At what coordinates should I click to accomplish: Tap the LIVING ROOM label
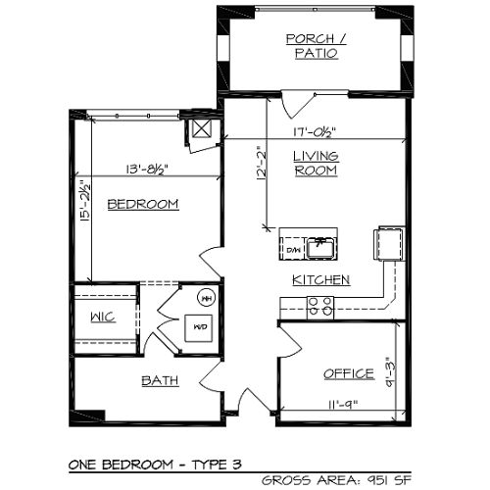(316, 163)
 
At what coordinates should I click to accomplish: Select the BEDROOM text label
(143, 204)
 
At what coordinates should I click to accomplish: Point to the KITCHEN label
(320, 280)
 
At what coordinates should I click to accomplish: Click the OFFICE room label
(349, 373)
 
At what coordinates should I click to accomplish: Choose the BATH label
(160, 380)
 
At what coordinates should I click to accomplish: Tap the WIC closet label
(104, 317)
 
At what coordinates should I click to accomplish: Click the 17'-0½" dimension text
(316, 134)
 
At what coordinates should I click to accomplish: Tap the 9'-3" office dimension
(391, 373)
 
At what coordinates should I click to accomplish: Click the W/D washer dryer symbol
(200, 326)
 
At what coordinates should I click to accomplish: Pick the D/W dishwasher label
(292, 251)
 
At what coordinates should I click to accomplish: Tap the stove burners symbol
(320, 308)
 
